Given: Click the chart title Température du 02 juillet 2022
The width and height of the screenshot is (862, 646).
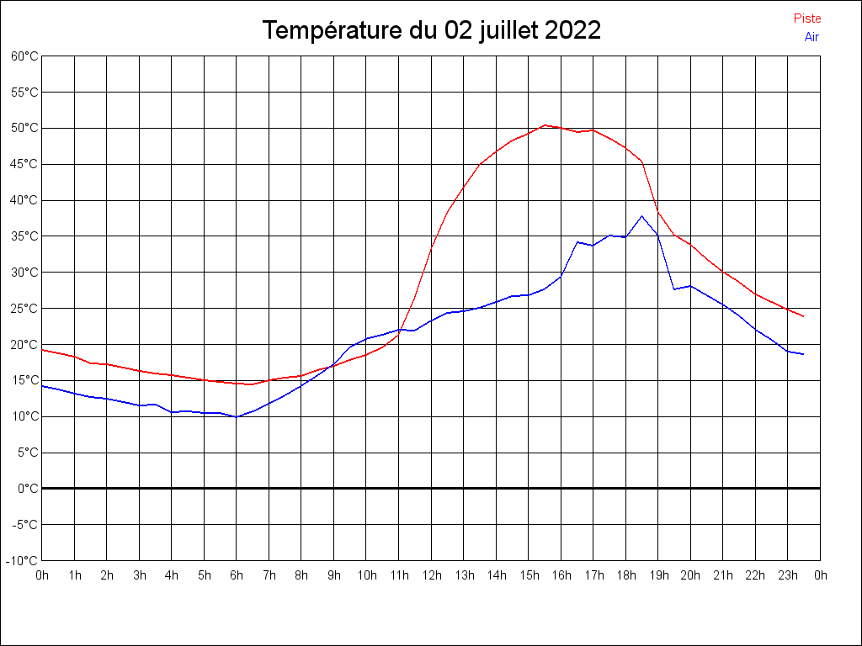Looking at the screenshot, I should click(431, 31).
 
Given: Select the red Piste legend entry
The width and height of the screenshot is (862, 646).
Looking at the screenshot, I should click(807, 19).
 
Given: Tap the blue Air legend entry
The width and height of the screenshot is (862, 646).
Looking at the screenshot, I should click(811, 36).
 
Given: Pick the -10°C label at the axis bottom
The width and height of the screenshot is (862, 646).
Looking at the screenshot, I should click(23, 560).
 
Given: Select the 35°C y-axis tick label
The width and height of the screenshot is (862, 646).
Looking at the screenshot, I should click(24, 236).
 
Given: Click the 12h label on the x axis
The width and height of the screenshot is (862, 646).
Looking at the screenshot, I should click(431, 575).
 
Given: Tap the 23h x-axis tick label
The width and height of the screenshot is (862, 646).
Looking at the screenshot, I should click(788, 575).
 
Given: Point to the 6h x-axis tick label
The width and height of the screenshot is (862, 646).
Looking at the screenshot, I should click(237, 575).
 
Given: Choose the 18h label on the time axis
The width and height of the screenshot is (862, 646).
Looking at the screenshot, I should click(625, 575).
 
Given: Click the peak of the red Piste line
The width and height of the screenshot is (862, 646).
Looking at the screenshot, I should click(545, 125).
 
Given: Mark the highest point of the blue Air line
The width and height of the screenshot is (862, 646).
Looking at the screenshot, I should click(641, 216).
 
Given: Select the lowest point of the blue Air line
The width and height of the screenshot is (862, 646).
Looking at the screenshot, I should click(237, 416).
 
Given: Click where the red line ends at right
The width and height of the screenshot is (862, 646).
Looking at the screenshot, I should click(804, 316).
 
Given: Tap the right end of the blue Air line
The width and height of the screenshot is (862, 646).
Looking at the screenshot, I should click(804, 354).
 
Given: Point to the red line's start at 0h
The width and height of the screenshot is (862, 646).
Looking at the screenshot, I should click(42, 350).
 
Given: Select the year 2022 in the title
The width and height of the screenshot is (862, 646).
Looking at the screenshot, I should click(573, 31).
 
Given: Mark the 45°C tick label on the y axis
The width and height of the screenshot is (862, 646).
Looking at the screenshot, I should click(24, 164).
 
